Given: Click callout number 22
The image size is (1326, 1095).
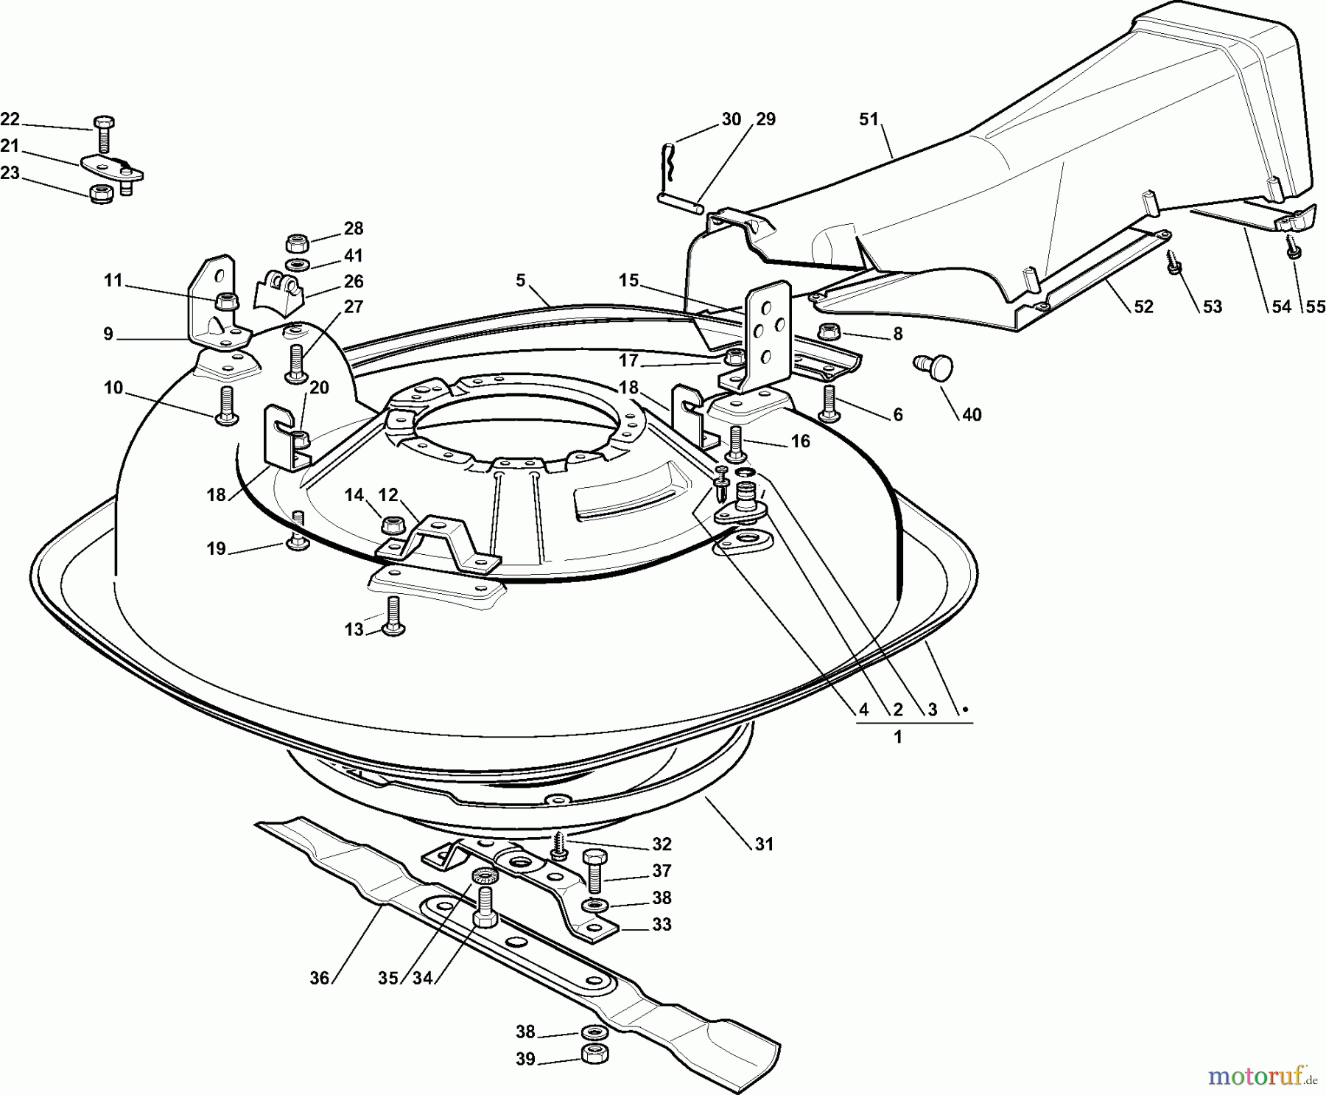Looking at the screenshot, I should tap(10, 119).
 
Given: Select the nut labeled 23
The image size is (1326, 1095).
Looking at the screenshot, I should tap(100, 195).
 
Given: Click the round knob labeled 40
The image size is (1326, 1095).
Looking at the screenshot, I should tap(933, 366).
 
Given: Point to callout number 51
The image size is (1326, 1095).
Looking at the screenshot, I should tap(869, 119).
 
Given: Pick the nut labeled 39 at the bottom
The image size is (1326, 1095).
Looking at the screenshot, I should tap(594, 1054).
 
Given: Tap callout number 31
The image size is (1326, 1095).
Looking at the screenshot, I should tap(764, 844).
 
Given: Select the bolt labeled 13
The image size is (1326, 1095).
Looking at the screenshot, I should tap(393, 615).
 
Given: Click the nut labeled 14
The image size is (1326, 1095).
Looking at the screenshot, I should tap(392, 525).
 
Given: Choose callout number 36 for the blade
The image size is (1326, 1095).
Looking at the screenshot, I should tap(319, 978).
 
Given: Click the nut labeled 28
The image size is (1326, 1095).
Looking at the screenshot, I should tap(297, 242).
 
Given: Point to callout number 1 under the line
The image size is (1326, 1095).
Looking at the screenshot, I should tap(897, 737).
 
